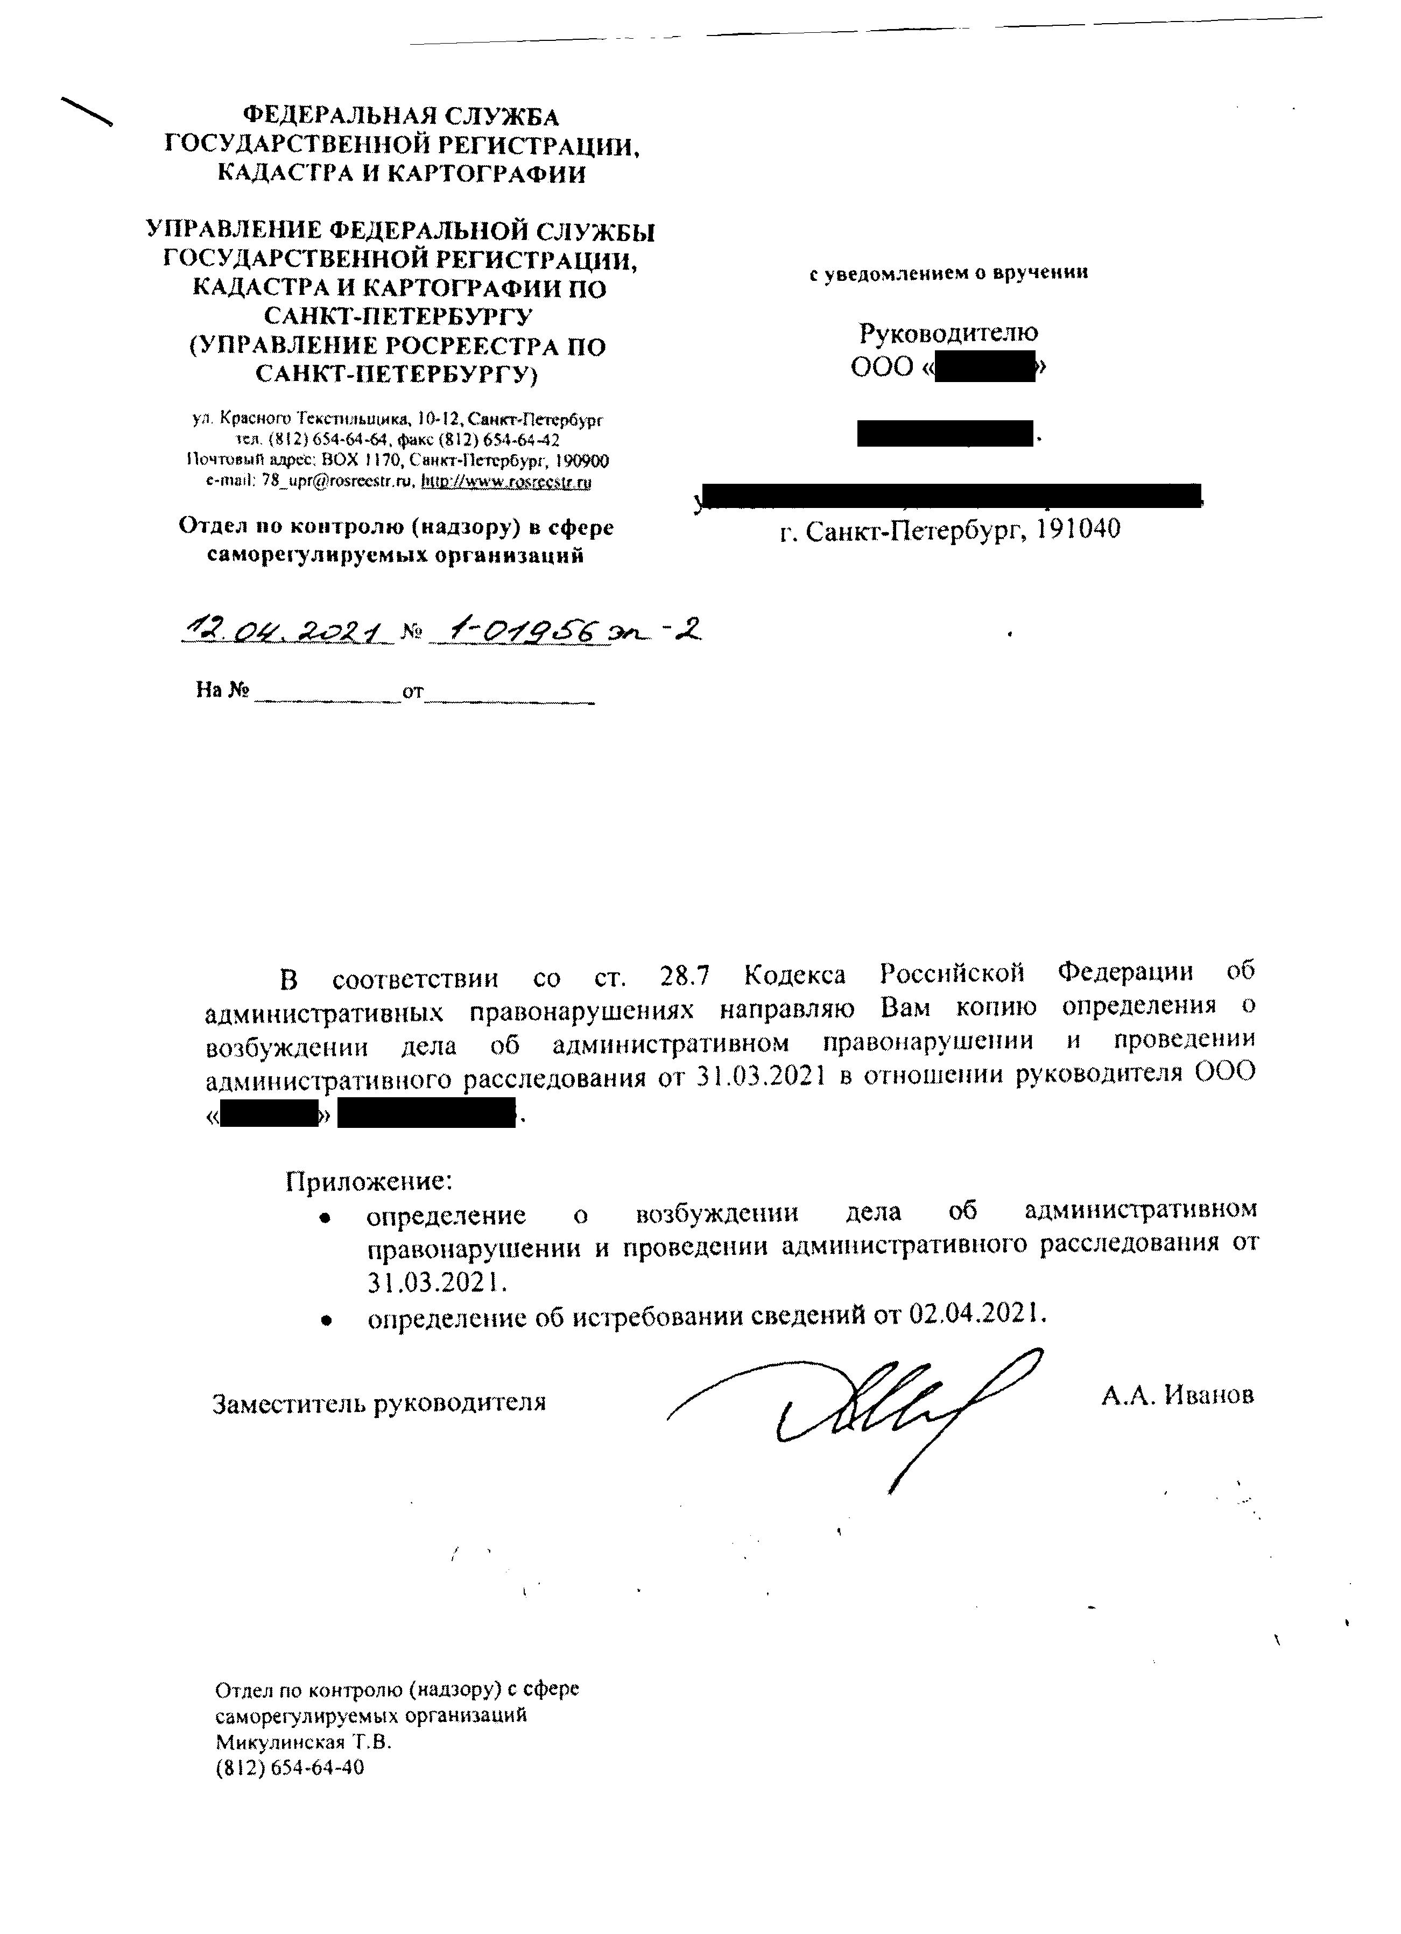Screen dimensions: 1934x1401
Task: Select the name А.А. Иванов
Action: coord(1177,1396)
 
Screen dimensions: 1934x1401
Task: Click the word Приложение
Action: coord(368,1181)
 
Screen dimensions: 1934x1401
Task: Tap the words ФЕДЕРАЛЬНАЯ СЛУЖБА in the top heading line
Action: coord(402,116)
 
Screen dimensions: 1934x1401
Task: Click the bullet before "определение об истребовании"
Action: coord(325,1319)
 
